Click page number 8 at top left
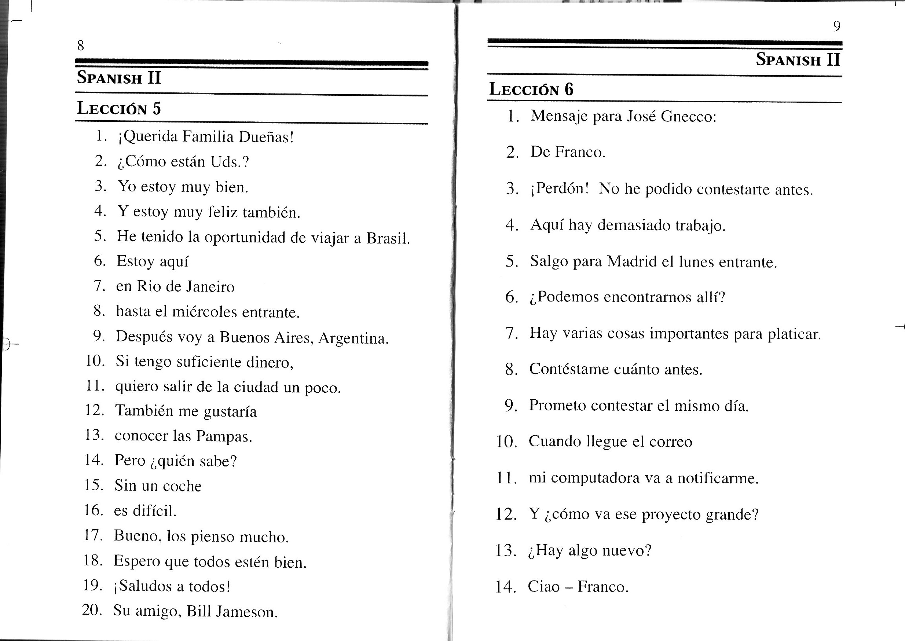click(x=81, y=46)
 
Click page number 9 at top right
click(x=837, y=26)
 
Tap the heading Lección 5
click(x=119, y=108)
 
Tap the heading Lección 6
click(x=531, y=89)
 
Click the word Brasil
click(x=388, y=238)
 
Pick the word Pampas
click(x=223, y=436)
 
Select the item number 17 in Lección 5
click(x=93, y=536)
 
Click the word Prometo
click(x=557, y=406)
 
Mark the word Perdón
click(x=562, y=188)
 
